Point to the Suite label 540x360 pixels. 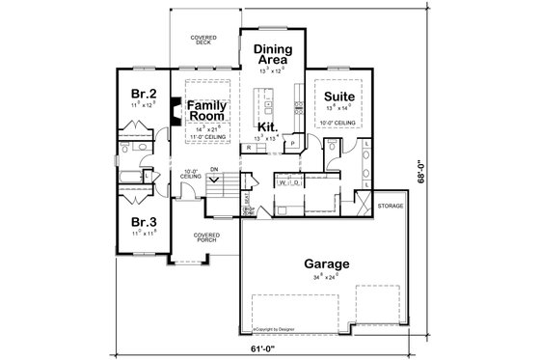pyautogui.click(x=337, y=97)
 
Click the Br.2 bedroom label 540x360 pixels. pyautogui.click(x=145, y=94)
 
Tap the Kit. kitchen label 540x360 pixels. pyautogui.click(x=265, y=126)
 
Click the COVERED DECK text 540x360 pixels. pyautogui.click(x=202, y=40)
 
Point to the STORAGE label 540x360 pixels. pyautogui.click(x=391, y=206)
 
